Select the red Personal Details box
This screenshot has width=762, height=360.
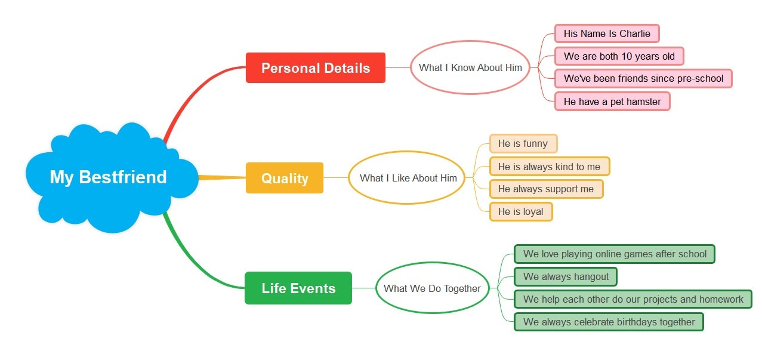315,68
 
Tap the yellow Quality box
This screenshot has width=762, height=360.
285,178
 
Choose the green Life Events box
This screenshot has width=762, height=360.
298,288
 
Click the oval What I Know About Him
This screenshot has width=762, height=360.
470,67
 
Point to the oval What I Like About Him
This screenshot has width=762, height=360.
408,178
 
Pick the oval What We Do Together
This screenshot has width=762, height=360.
432,288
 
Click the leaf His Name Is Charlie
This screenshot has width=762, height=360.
607,33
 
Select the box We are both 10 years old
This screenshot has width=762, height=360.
619,56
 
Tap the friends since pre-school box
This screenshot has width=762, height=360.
643,78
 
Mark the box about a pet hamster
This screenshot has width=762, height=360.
612,101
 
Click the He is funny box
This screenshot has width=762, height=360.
523,143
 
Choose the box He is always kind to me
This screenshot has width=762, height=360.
549,167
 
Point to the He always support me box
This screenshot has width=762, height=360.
546,189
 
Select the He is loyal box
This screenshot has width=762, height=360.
520,211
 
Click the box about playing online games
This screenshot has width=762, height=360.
614,254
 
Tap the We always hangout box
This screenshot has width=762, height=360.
565,276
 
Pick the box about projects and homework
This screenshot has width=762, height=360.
633,299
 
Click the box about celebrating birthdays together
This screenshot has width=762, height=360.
609,322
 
